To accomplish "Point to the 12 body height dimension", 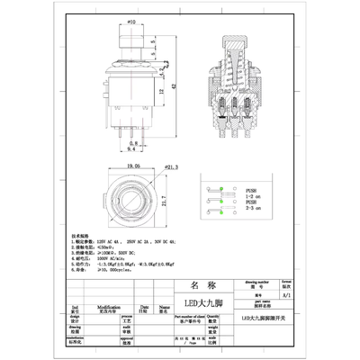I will point(161,93).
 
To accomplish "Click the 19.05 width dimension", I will point(132,166).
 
